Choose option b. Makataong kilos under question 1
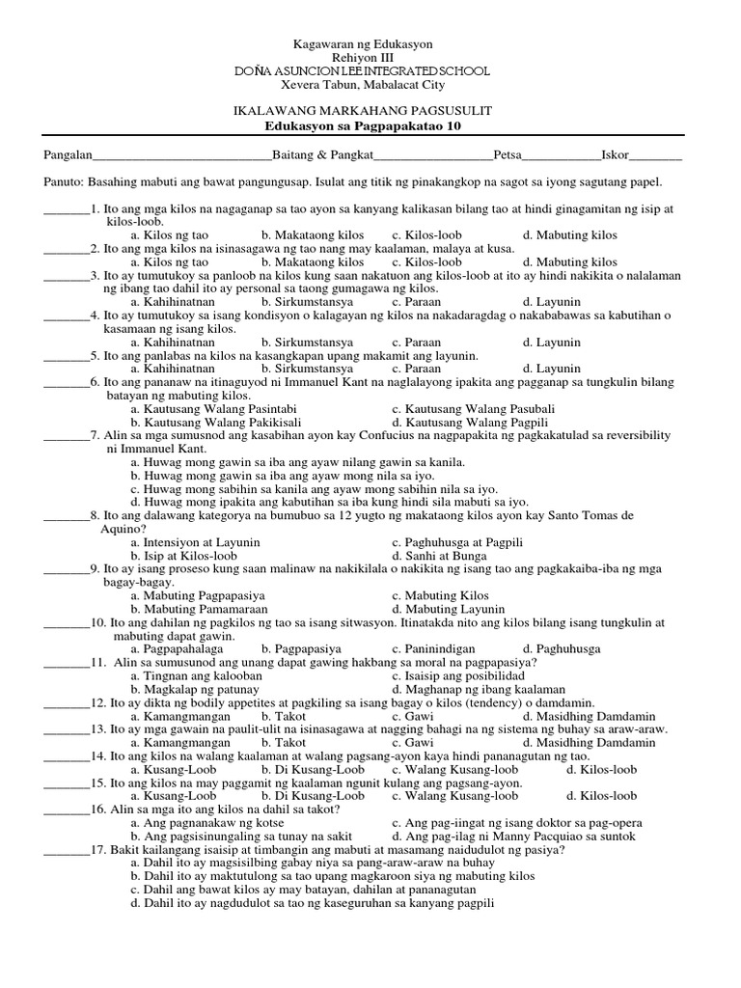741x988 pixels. tap(313, 235)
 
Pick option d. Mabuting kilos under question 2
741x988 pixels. tap(569, 261)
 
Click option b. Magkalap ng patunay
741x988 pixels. tap(201, 690)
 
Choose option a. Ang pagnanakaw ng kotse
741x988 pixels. tap(205, 823)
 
